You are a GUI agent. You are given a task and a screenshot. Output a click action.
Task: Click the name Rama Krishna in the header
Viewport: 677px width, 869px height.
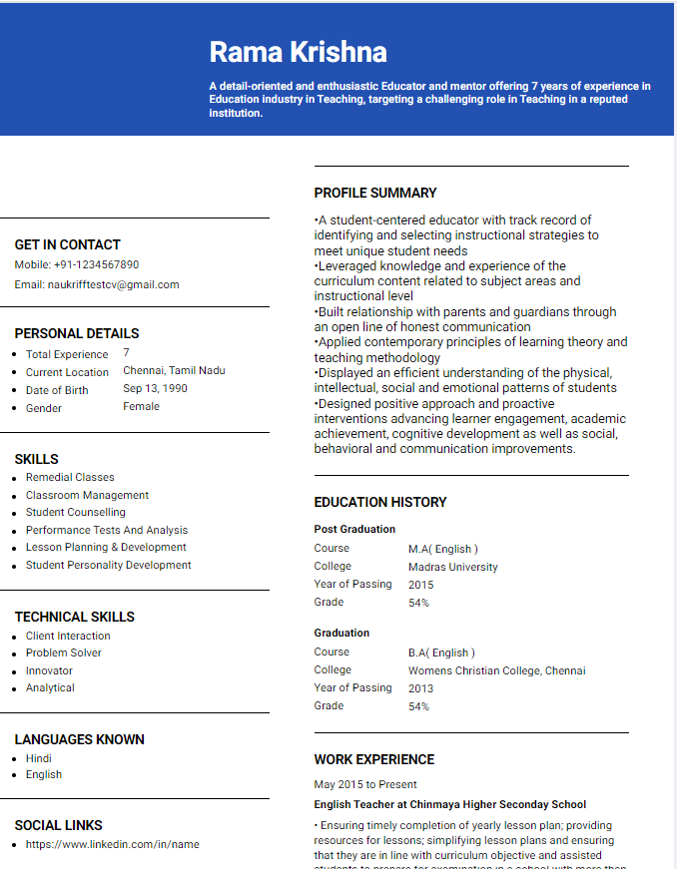point(298,52)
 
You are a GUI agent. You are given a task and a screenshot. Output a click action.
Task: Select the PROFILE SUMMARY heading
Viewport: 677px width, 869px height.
point(375,194)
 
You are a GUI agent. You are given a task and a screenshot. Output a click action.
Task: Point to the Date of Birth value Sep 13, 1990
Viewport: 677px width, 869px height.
point(155,389)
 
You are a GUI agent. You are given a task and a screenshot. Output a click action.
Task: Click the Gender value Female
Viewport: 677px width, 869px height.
point(141,407)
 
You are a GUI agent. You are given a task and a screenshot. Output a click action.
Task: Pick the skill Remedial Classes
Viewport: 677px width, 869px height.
point(70,478)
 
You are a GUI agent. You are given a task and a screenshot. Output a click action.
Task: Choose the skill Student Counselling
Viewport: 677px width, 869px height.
point(76,513)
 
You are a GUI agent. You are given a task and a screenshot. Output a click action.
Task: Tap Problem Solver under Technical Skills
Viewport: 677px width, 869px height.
point(64,653)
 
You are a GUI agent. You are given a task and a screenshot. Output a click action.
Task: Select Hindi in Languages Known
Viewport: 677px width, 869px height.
point(39,758)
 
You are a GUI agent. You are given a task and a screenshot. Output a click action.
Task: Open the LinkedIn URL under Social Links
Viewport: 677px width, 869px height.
point(113,845)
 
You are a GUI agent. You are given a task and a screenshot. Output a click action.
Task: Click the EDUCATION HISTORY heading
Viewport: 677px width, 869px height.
point(380,503)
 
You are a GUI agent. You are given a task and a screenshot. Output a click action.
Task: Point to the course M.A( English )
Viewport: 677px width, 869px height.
point(442,549)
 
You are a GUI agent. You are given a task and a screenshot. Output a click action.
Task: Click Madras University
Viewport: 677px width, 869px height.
point(452,567)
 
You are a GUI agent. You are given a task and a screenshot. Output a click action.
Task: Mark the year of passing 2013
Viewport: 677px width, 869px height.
point(420,688)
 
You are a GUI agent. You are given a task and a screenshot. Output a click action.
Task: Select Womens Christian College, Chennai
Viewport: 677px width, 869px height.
point(496,670)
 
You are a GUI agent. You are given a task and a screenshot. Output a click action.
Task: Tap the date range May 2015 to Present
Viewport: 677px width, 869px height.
point(365,785)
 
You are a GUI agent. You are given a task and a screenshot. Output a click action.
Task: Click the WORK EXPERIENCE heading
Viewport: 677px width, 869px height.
point(374,760)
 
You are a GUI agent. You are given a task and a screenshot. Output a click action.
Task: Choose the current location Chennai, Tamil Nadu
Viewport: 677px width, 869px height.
point(174,371)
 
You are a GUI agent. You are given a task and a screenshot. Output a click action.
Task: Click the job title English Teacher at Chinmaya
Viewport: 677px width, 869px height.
point(449,804)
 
